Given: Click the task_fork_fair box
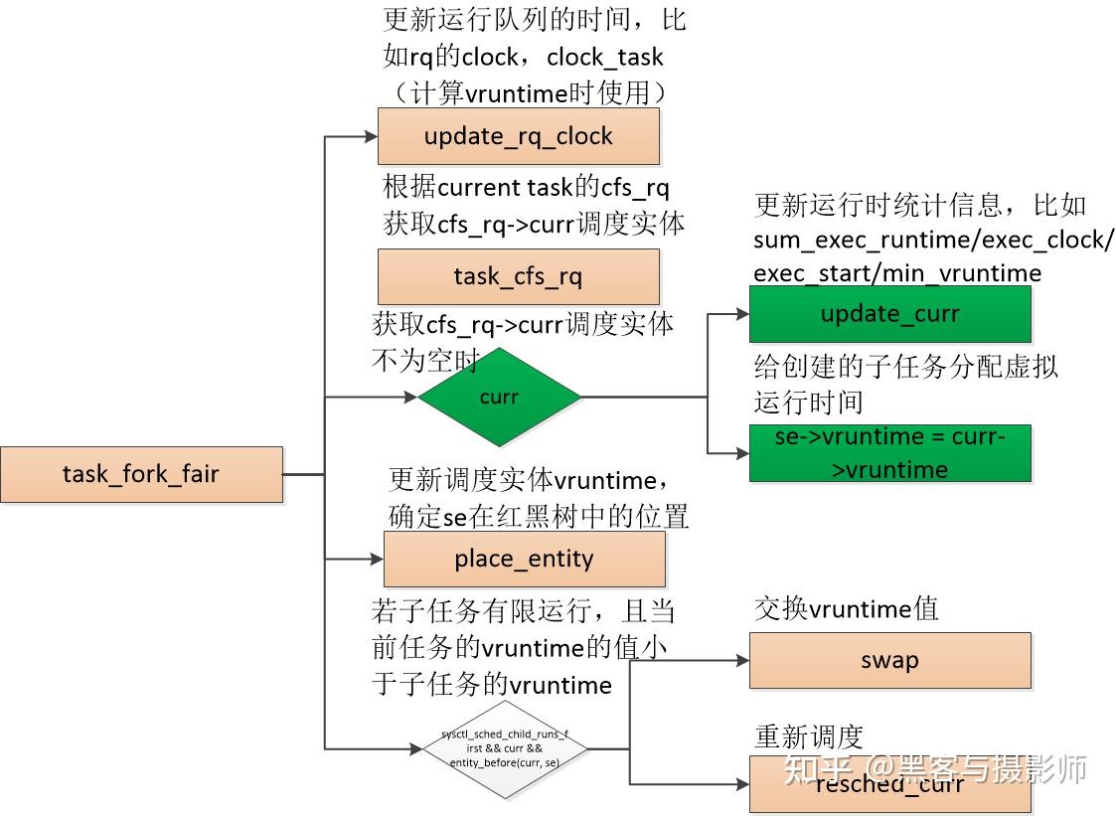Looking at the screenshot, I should point(141,474).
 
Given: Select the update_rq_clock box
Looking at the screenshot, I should point(518,136).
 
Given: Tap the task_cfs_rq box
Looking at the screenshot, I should point(518,276).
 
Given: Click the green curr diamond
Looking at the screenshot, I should point(499,397).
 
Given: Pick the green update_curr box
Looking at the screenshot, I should point(889,314).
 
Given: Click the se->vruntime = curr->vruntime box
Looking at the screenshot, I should point(889,453).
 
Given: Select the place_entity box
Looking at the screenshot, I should point(524,559).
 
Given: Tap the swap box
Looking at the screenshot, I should point(889,660).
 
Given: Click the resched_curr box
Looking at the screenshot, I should point(889,784).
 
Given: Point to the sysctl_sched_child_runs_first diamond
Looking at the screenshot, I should point(506,748).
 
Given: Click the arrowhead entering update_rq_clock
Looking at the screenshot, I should point(371,137).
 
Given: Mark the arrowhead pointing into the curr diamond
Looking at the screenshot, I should point(410,398).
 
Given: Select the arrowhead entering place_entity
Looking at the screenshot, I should point(377,560).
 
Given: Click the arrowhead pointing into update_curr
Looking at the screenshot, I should point(742,314).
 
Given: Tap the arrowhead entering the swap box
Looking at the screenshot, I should point(742,660).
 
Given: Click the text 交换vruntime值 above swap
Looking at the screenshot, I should point(846,608).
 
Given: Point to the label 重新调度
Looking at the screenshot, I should point(808,736).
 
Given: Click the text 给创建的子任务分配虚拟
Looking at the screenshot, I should point(905,366).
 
